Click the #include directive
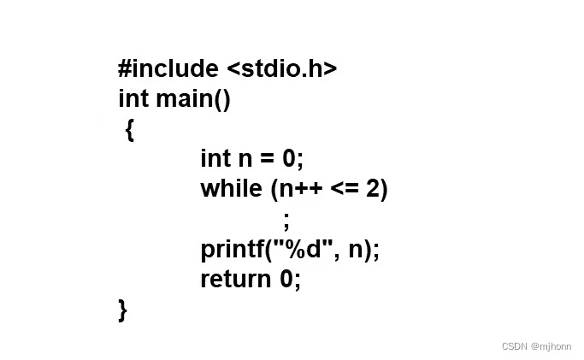coord(168,68)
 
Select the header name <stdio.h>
coord(282,68)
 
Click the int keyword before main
coord(133,98)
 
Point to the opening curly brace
coord(129,130)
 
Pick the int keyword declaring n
coord(215,158)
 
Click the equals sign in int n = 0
coord(266,159)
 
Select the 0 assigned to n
coord(289,159)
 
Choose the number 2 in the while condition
coord(374,189)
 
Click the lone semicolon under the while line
coord(286,220)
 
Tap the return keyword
coord(235,279)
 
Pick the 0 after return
coord(287,279)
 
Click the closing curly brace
coord(123,309)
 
